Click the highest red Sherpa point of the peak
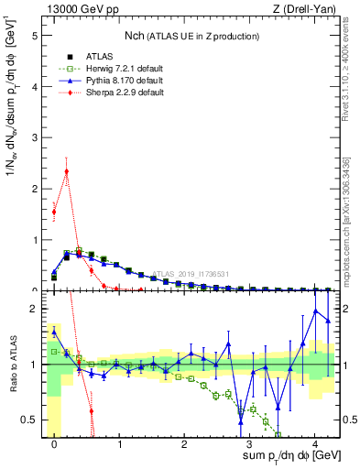(x=67, y=170)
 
